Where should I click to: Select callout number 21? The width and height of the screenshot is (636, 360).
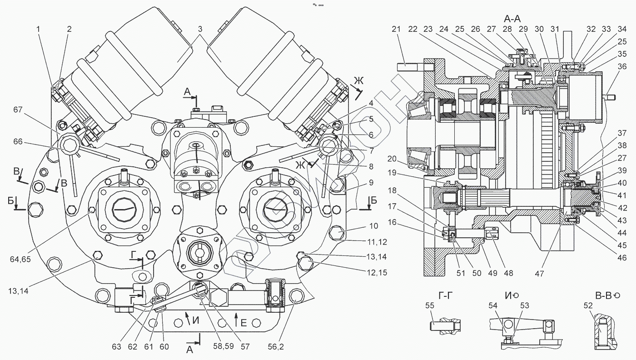point(396,29)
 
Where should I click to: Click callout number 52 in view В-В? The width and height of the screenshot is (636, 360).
point(588,306)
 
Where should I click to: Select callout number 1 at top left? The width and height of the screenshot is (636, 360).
point(39,29)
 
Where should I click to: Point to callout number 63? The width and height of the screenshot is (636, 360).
point(117,347)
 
